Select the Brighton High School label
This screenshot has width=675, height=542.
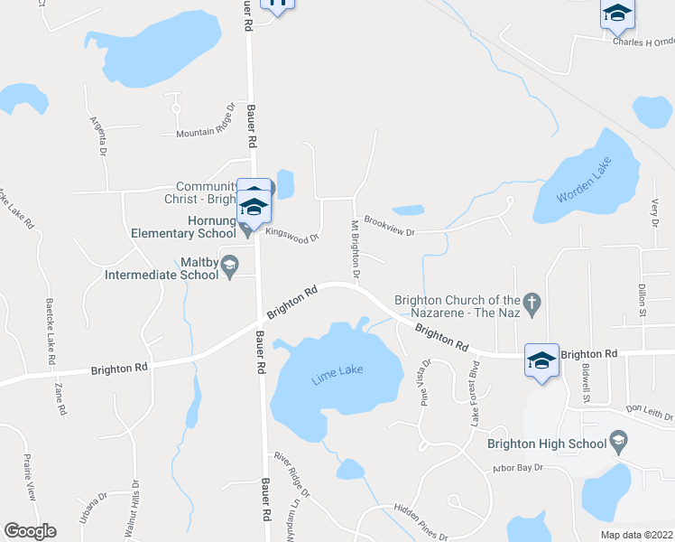[546, 444]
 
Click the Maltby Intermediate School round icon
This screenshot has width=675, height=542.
[230, 264]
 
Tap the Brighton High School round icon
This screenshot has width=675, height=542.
[618, 442]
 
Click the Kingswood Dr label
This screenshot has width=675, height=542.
[291, 235]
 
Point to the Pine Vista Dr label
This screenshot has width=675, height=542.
[425, 381]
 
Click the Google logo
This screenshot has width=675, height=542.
[30, 531]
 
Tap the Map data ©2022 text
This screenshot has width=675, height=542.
[635, 535]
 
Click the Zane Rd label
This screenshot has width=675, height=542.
[60, 398]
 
